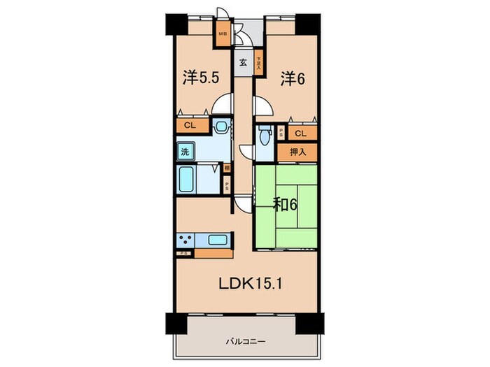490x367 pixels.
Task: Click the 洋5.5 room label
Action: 202,78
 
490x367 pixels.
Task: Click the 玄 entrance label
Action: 243,62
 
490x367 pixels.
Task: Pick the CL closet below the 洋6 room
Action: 300,133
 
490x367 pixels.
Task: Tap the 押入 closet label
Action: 297,151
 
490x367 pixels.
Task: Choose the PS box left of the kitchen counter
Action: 185,254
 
